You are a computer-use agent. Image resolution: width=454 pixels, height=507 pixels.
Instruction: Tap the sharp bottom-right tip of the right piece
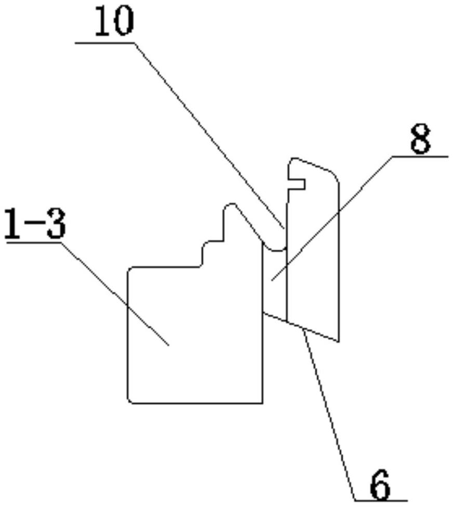(339, 341)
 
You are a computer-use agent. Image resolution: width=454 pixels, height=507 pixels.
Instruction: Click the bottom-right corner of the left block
(261, 402)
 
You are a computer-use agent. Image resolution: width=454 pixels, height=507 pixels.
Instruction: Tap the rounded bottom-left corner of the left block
(130, 400)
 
